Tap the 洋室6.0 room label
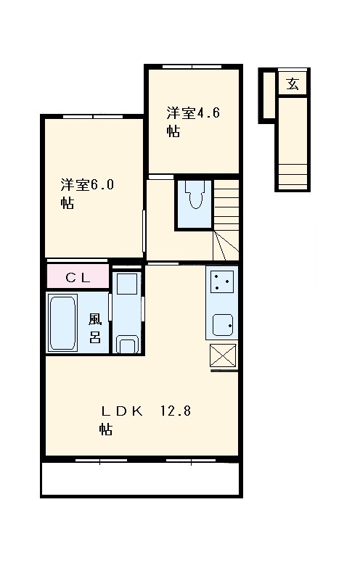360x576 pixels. pyautogui.click(x=86, y=193)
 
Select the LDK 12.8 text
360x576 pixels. pyautogui.click(x=145, y=419)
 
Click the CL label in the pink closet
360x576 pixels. pyautogui.click(x=78, y=276)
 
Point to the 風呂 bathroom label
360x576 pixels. pyautogui.click(x=95, y=328)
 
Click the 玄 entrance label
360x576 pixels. pyautogui.click(x=292, y=83)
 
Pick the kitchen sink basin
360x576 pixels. pyautogui.click(x=222, y=324)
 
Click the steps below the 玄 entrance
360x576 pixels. pyautogui.click(x=292, y=174)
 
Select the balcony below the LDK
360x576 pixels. pyautogui.click(x=141, y=478)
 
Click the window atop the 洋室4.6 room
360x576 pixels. pyautogui.click(x=192, y=67)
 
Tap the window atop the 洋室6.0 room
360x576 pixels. pyautogui.click(x=92, y=116)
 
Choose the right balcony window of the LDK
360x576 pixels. pyautogui.click(x=192, y=459)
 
